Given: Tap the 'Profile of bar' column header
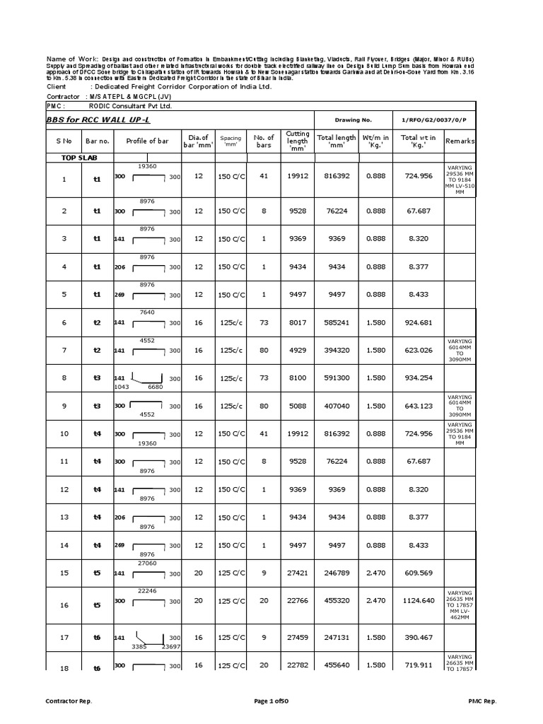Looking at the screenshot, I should (147, 141).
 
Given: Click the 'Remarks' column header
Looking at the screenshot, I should (460, 141).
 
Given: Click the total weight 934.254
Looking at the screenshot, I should (419, 378).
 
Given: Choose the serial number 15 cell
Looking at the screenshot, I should (64, 573).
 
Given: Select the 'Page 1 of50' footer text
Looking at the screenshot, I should (271, 701).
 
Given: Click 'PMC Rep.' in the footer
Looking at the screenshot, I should (482, 701).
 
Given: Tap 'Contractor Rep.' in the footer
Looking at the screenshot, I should (69, 701).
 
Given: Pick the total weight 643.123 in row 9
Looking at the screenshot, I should (419, 407).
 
